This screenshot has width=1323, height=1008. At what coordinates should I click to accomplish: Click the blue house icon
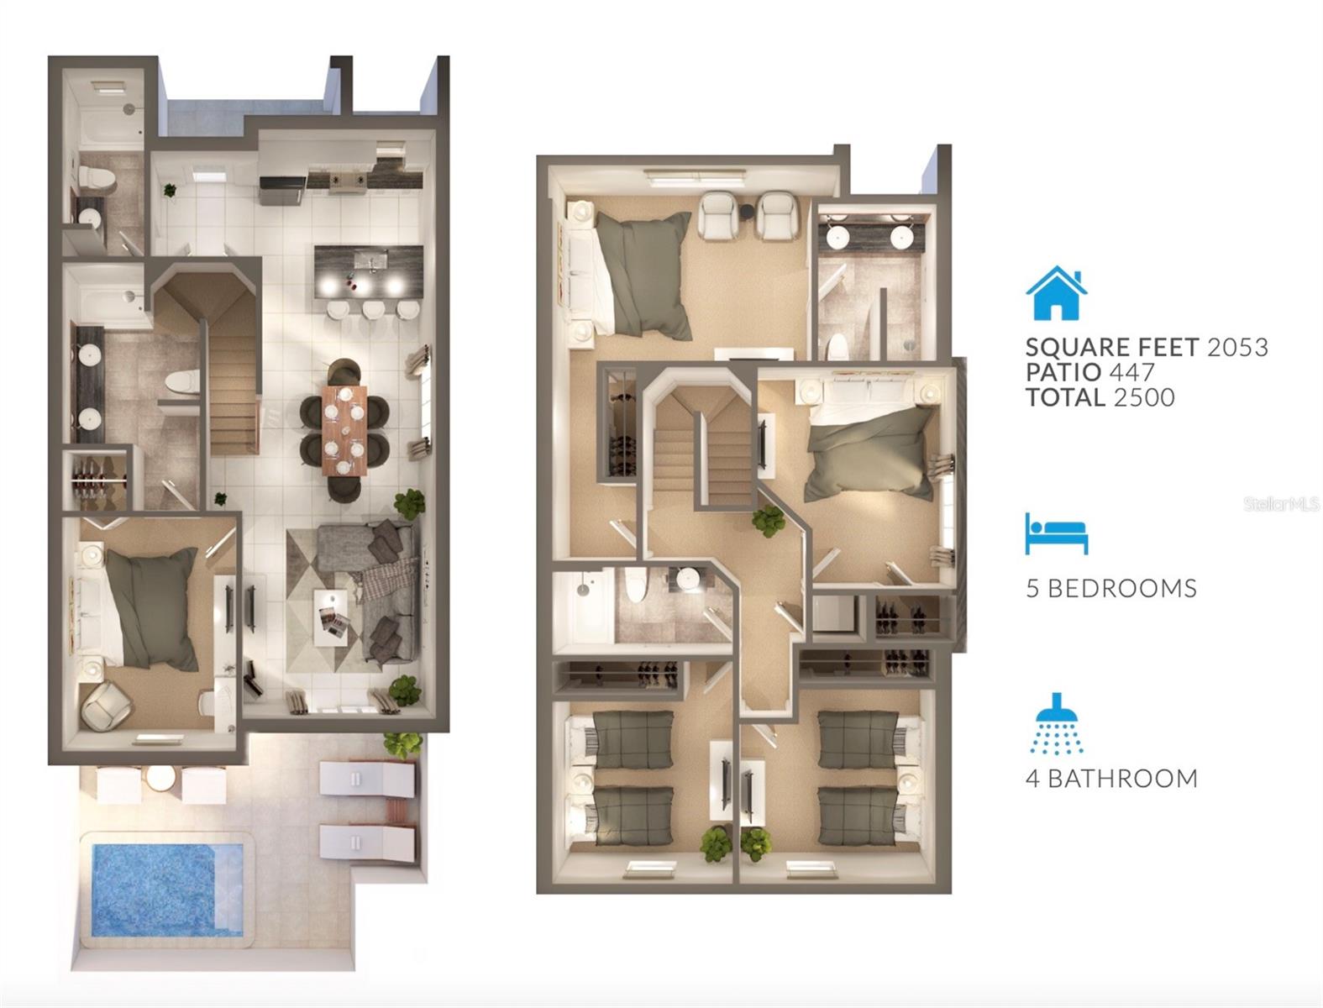click(x=1057, y=293)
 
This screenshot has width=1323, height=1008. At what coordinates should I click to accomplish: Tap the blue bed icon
click(x=1056, y=533)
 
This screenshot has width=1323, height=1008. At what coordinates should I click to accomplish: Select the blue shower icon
click(x=1058, y=723)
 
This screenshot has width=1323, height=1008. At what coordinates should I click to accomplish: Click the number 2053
click(x=1236, y=347)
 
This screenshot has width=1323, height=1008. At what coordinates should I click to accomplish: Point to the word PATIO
click(x=1062, y=372)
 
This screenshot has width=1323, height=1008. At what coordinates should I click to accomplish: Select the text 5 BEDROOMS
click(x=1110, y=588)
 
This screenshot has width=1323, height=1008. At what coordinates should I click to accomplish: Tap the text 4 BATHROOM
click(x=1111, y=779)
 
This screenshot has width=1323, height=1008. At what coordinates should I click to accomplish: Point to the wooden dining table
click(x=344, y=429)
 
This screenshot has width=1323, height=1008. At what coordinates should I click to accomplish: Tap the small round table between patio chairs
click(x=160, y=780)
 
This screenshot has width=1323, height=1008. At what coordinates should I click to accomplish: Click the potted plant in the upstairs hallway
click(x=769, y=521)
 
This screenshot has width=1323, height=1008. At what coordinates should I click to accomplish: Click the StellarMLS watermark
click(x=1282, y=504)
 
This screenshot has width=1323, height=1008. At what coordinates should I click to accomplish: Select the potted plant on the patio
click(x=404, y=743)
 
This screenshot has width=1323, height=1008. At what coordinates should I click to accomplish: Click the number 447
click(x=1131, y=372)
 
